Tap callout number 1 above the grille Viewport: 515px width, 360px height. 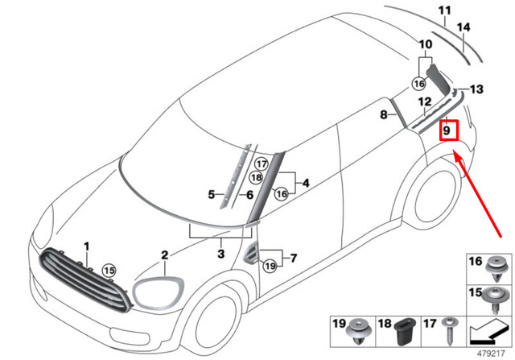click(88, 245)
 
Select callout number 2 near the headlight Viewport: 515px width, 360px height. click(164, 256)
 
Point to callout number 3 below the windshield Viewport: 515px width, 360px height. click(220, 254)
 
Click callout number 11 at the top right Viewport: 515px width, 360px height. click(440, 10)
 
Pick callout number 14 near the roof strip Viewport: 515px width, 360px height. click(463, 27)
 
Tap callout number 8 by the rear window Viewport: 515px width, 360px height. click(384, 115)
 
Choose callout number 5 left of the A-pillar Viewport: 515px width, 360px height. click(211, 194)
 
